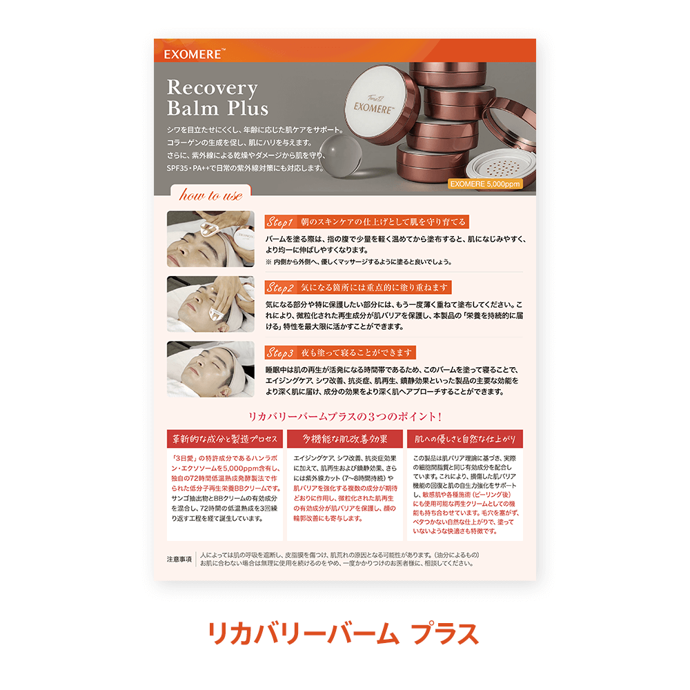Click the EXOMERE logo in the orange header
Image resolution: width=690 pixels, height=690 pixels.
(194, 54)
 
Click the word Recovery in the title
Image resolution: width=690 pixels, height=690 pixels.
(212, 88)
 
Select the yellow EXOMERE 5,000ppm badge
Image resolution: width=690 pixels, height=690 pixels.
(485, 184)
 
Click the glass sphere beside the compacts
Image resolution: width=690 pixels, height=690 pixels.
(340, 155)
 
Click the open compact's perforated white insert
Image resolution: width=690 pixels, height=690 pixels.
(501, 168)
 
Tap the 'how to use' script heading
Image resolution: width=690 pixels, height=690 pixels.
(210, 195)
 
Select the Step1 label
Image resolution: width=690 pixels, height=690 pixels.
(280, 221)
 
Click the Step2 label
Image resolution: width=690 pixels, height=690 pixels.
(280, 287)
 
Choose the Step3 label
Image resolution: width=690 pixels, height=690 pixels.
(280, 353)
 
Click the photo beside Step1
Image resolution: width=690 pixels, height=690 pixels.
(210, 239)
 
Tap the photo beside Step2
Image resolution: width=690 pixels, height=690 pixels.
(210, 304)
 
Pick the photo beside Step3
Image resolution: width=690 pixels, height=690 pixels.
(210, 369)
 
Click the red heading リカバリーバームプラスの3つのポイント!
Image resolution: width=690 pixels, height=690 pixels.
(344, 416)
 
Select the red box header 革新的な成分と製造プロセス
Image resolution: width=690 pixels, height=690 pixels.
(225, 439)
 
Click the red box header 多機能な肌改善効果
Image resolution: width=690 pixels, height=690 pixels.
(344, 439)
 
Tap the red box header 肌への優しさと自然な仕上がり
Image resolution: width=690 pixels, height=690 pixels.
(464, 439)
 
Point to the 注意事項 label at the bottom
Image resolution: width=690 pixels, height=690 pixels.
(179, 560)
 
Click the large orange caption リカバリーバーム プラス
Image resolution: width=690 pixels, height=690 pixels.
(343, 633)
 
